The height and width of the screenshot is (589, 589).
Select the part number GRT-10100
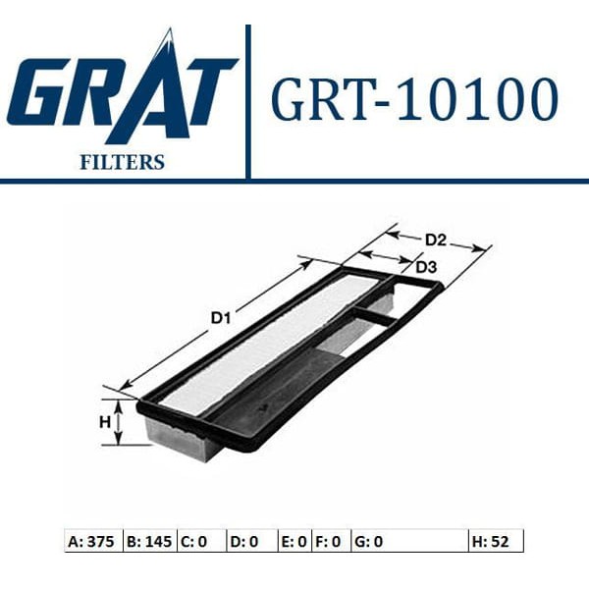tap(413, 99)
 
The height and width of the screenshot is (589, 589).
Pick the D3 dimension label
tap(425, 267)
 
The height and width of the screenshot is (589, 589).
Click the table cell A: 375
tap(93, 540)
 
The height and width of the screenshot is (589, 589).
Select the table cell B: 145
tap(150, 540)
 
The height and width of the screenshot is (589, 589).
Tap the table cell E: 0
tap(295, 540)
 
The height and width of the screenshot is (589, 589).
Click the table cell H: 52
tap(496, 540)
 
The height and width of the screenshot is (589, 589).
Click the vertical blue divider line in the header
tap(247, 98)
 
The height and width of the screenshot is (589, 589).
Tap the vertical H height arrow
tap(117, 422)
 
